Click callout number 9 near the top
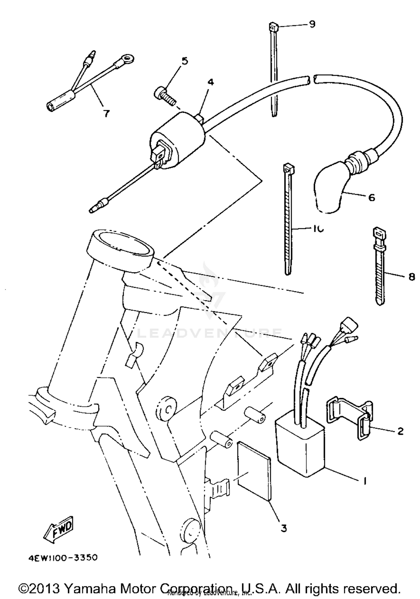click(x=312, y=24)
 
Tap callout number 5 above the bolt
click(x=185, y=61)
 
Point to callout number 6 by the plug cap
click(x=371, y=198)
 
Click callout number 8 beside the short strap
click(x=411, y=277)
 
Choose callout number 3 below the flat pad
click(x=284, y=528)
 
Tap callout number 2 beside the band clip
click(x=400, y=431)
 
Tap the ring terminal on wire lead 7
click(x=128, y=59)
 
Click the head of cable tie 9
click(x=274, y=27)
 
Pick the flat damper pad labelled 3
click(x=253, y=470)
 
